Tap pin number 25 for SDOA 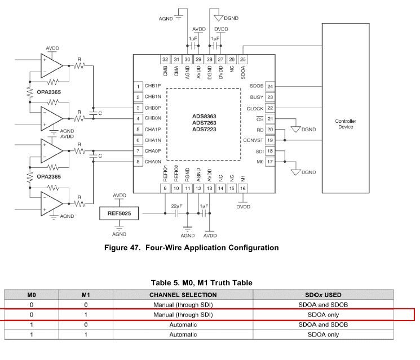click(x=243, y=59)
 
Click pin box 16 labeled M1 click(x=243, y=188)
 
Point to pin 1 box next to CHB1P click(x=138, y=87)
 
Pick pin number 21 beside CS click(x=270, y=119)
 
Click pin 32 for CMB click(x=165, y=59)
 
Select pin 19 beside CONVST click(x=270, y=140)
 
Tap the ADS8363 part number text click(x=204, y=116)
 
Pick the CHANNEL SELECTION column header click(x=183, y=295)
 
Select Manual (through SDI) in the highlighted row click(x=183, y=314)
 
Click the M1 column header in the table click(x=86, y=295)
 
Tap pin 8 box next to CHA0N click(x=138, y=162)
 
